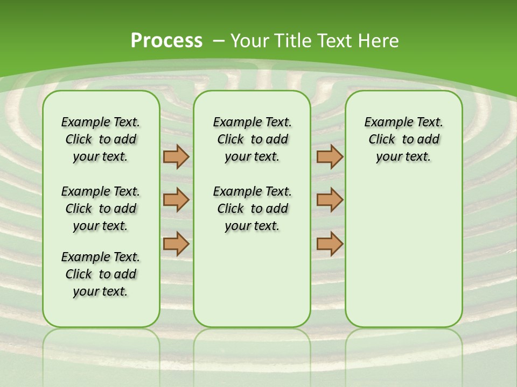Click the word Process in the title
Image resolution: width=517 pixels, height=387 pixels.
(x=166, y=41)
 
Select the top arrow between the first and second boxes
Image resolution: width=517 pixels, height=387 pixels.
(x=176, y=157)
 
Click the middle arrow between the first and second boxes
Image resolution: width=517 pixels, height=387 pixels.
(x=176, y=200)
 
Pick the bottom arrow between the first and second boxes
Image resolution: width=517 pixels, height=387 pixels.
(x=176, y=243)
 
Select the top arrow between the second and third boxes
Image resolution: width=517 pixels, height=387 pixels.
(x=330, y=157)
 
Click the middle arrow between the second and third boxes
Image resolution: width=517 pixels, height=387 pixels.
(x=330, y=200)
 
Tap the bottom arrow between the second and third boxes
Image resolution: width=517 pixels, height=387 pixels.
(x=330, y=243)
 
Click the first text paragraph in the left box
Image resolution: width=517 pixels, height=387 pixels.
(x=101, y=139)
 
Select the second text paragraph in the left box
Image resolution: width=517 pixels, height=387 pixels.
(x=101, y=209)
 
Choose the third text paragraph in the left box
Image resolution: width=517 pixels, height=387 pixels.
(x=101, y=274)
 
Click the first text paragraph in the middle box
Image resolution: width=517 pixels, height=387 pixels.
(x=252, y=139)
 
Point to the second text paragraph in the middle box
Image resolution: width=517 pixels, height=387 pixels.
(x=252, y=209)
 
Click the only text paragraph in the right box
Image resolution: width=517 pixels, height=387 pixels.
(x=403, y=139)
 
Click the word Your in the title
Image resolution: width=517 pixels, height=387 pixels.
(x=249, y=41)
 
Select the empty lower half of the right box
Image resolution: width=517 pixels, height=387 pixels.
(x=403, y=258)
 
